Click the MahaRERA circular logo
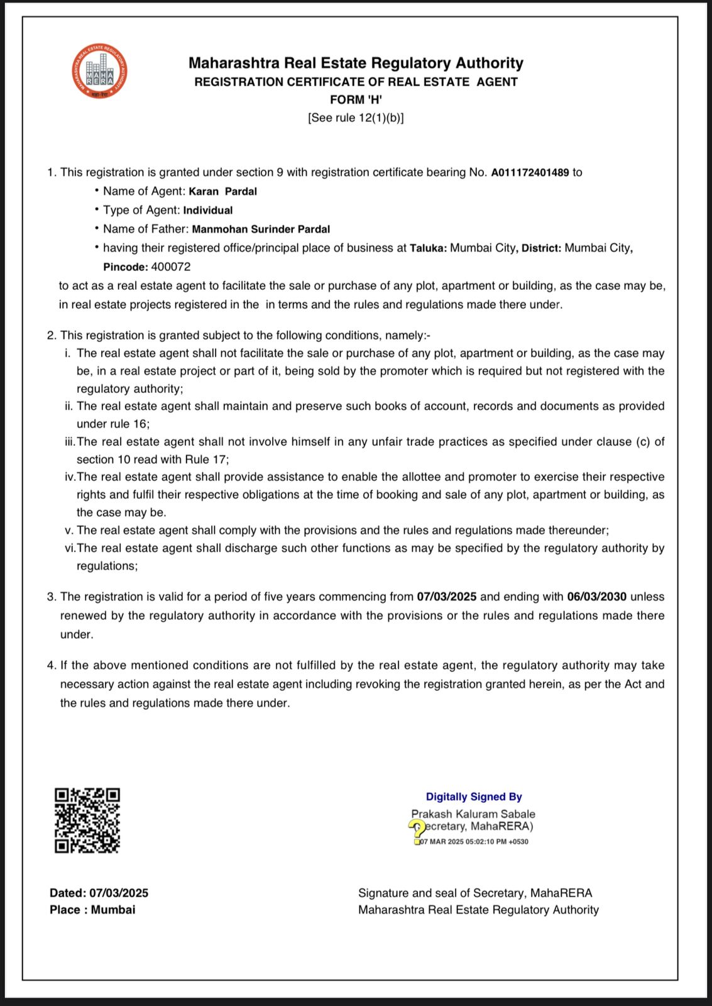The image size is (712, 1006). point(99,71)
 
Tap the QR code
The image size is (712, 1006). point(87,821)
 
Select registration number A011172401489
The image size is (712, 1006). point(530,172)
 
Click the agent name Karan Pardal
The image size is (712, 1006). point(222,191)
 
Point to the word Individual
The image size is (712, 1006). point(208,210)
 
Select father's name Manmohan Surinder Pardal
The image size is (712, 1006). point(261,229)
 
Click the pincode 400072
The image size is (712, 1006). point(171,267)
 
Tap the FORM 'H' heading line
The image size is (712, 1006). point(356,99)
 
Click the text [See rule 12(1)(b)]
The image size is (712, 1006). point(356,118)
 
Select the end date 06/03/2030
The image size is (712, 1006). point(596,597)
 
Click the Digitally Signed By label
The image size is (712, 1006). point(474,797)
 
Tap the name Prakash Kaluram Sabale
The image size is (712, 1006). point(473,814)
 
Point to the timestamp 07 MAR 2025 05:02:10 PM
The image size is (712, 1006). point(474,842)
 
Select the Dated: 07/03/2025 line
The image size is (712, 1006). point(99,893)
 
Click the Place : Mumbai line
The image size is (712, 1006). point(92,910)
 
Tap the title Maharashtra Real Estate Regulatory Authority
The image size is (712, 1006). point(356,63)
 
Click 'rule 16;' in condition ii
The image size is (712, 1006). point(130,424)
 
